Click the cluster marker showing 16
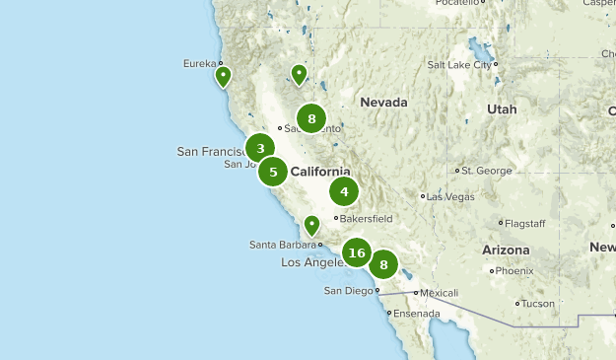(x=357, y=253)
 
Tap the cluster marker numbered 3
(x=260, y=149)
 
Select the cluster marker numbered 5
(x=273, y=173)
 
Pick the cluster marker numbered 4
(x=344, y=192)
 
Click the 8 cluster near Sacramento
(x=311, y=118)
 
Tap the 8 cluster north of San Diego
(x=383, y=264)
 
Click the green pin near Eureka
(x=224, y=75)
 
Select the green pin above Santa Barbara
(x=311, y=225)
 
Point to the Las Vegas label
(x=451, y=196)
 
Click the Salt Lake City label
(x=459, y=65)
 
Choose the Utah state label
(x=501, y=109)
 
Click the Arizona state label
(x=506, y=251)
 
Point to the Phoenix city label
(x=513, y=270)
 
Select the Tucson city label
(x=538, y=304)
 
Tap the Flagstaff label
(x=526, y=223)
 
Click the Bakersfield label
(x=367, y=218)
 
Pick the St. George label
(x=487, y=171)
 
